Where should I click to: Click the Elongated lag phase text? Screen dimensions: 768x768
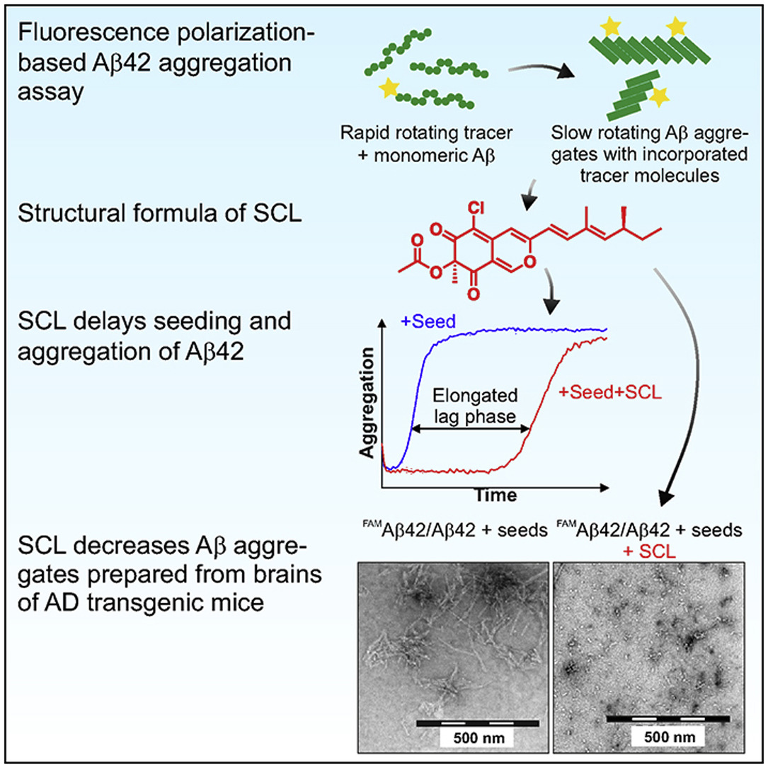pyautogui.click(x=471, y=405)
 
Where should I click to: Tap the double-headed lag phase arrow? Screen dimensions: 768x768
pyautogui.click(x=471, y=428)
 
